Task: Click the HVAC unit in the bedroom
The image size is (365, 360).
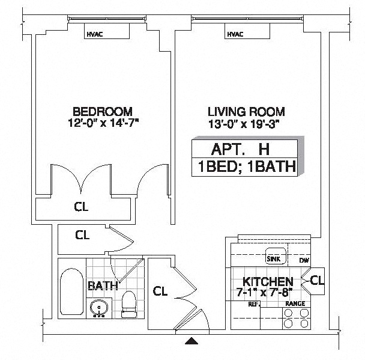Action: (107, 31)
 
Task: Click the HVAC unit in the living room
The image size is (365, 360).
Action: (247, 31)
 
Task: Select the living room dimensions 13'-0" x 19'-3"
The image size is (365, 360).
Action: (244, 124)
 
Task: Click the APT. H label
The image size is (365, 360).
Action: (240, 149)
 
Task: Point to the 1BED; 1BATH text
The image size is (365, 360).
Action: (247, 166)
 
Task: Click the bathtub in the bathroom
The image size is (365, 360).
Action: (71, 291)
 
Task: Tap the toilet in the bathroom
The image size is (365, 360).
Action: (128, 304)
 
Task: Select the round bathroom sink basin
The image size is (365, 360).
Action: (99, 308)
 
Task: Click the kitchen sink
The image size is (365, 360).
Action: (276, 256)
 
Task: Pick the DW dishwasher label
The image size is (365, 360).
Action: (304, 260)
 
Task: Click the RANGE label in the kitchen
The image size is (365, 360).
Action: (295, 304)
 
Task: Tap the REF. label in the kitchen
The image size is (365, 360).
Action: (254, 304)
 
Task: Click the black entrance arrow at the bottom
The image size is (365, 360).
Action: (192, 341)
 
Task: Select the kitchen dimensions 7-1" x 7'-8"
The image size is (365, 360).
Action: (264, 292)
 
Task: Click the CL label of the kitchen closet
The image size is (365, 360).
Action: (317, 280)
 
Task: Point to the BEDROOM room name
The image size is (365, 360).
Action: (103, 111)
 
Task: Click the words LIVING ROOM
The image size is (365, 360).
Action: (246, 112)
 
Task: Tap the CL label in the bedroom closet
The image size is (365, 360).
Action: (81, 207)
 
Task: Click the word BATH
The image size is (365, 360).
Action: (103, 285)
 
